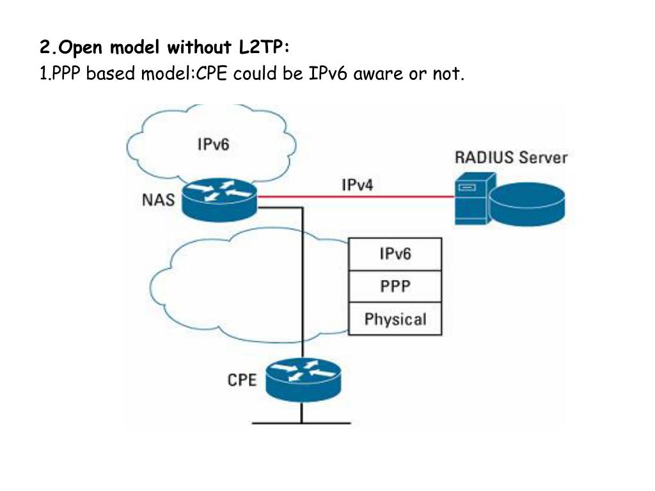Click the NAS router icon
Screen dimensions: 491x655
tap(219, 199)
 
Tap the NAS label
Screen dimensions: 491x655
tap(158, 200)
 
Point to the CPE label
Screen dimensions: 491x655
tap(242, 380)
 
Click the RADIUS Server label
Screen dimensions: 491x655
tap(511, 157)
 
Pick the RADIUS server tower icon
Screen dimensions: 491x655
tap(473, 201)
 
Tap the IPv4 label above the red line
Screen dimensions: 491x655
tap(358, 185)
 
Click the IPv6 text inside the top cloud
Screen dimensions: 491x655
tap(212, 144)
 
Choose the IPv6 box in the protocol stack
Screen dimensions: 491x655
tap(395, 254)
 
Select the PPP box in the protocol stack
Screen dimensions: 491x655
tap(395, 286)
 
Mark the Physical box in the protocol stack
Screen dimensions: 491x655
tap(395, 319)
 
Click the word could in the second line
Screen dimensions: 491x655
tap(254, 74)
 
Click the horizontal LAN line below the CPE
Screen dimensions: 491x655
tap(301, 423)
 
